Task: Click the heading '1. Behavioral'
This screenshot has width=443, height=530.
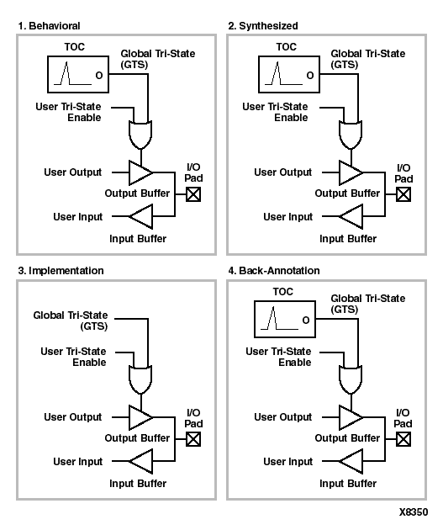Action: click(49, 26)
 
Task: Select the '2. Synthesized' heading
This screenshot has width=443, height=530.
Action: click(263, 26)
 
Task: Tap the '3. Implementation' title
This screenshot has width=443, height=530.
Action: click(61, 271)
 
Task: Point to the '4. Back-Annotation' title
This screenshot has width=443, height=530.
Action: click(274, 271)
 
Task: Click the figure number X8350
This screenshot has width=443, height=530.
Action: click(414, 512)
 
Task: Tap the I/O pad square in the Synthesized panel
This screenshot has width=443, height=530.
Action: click(403, 194)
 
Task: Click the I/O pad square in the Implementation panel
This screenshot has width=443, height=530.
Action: click(193, 439)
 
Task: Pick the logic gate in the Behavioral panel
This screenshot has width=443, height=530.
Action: click(140, 135)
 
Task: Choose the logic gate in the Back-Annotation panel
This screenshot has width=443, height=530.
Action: click(351, 379)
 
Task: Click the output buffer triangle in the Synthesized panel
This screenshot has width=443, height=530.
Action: click(351, 172)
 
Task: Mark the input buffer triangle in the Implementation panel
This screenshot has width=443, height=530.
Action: click(140, 461)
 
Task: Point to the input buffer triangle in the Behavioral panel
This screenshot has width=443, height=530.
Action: click(140, 216)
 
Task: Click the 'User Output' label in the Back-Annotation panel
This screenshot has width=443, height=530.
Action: click(283, 417)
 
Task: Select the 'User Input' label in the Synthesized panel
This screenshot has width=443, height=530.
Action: click(288, 217)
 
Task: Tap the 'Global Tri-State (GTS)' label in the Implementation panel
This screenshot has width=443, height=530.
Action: click(71, 321)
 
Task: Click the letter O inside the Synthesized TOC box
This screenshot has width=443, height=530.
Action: click(310, 76)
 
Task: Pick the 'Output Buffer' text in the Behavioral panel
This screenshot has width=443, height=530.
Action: click(137, 193)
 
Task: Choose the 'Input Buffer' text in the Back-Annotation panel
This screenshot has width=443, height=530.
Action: click(348, 484)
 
